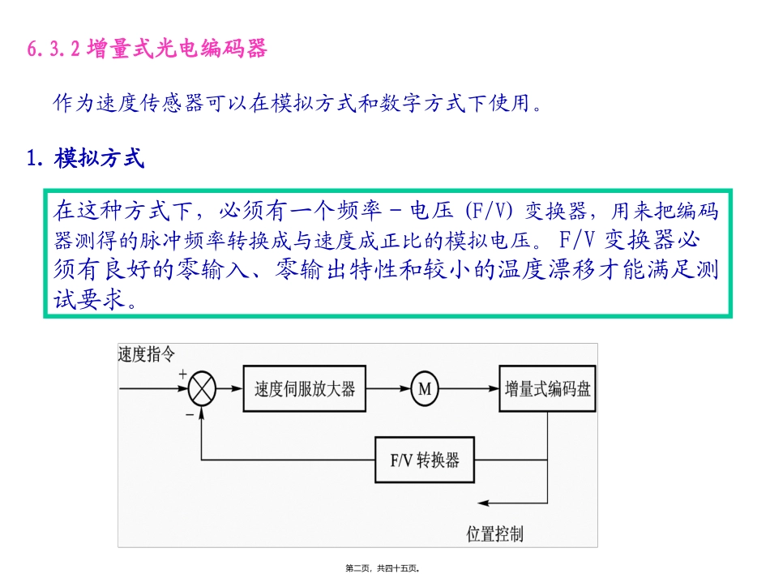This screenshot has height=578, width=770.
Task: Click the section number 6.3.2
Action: coord(53,50)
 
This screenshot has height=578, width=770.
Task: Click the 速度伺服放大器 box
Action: coord(305,389)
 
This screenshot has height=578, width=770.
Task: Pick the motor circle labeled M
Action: coord(424,389)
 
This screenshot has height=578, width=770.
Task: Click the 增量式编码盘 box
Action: coord(548,389)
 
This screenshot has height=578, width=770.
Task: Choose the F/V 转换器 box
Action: coord(425,460)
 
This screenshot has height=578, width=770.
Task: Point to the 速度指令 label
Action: coord(146,354)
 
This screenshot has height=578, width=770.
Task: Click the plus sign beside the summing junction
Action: coord(182,374)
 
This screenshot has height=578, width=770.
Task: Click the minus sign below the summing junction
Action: coord(189,413)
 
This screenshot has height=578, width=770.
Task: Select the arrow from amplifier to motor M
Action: coord(387,389)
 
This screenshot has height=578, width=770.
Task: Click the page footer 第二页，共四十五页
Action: coord(383,568)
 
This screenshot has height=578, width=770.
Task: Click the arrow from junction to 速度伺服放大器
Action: coord(229,389)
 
